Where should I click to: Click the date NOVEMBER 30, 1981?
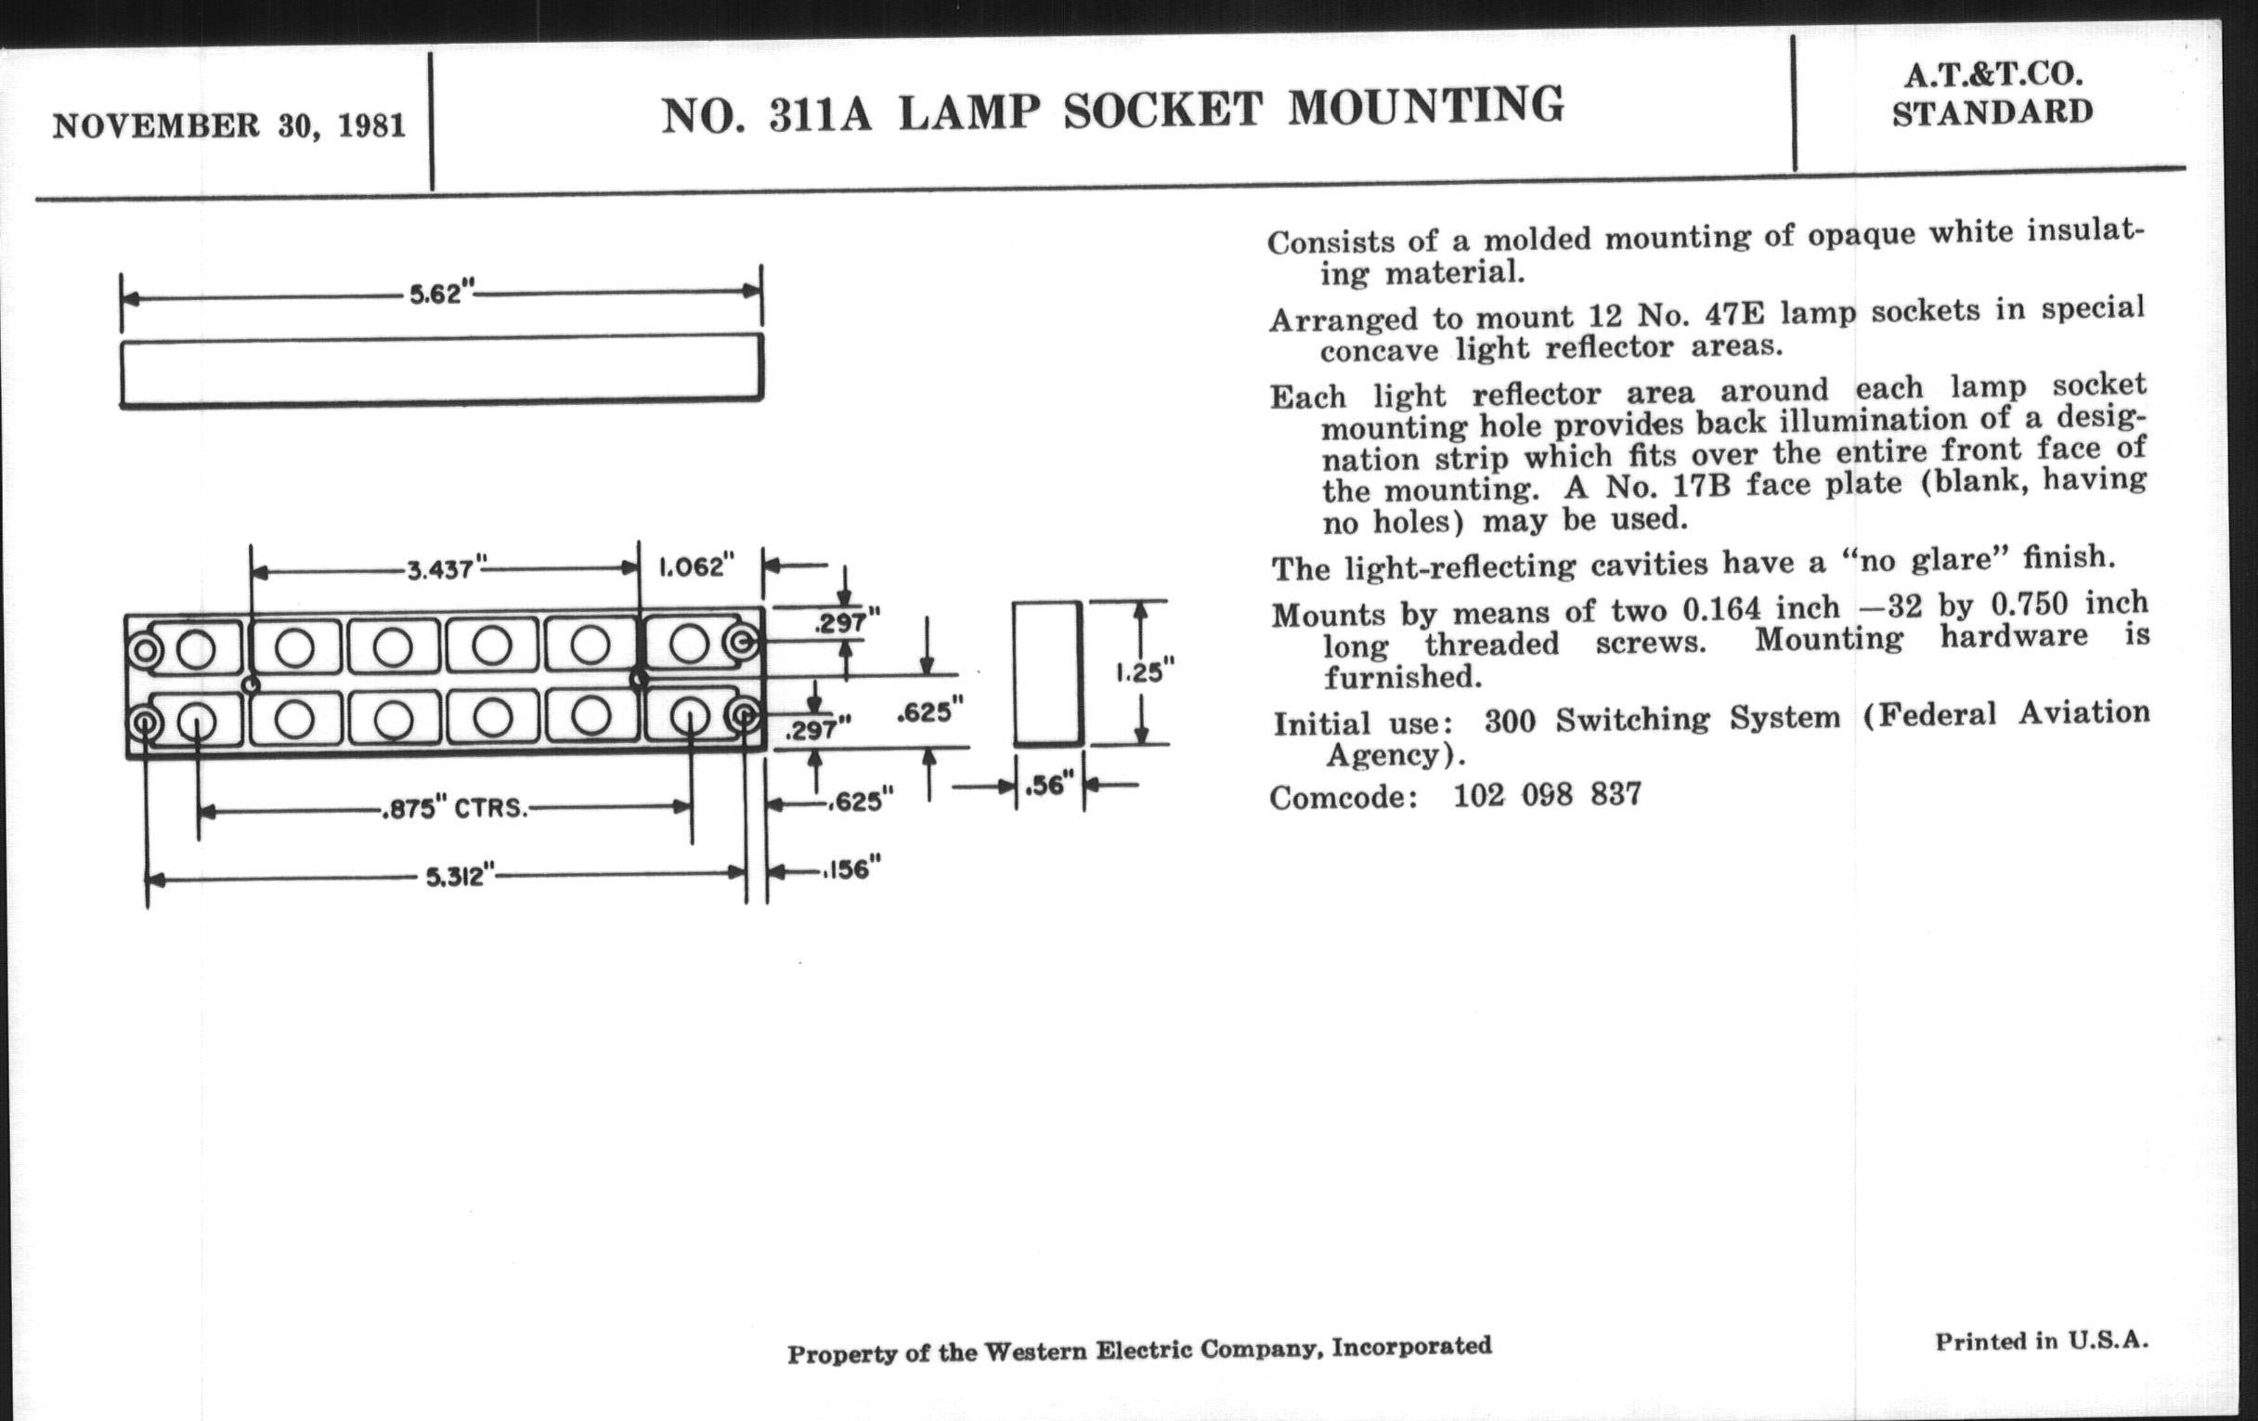click(228, 124)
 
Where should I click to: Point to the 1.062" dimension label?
click(695, 567)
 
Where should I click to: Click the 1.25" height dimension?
click(1144, 672)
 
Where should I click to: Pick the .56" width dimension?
click(1047, 785)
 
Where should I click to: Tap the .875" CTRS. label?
click(454, 808)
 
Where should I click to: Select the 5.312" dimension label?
click(460, 877)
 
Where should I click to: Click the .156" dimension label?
click(851, 869)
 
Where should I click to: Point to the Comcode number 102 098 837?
click(1547, 795)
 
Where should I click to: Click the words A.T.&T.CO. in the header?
click(1992, 74)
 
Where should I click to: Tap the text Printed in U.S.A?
click(2041, 1340)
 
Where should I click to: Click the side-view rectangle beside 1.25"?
click(1047, 672)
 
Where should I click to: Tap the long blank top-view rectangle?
click(441, 370)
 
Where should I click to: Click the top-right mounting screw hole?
click(743, 643)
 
